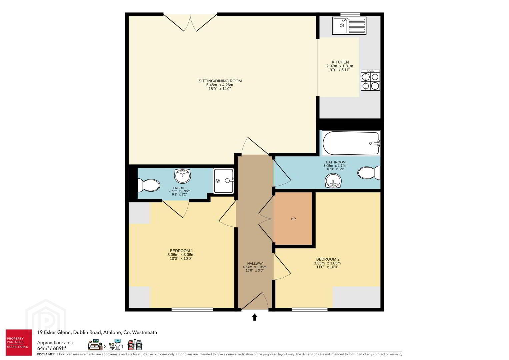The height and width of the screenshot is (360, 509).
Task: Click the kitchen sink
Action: (349, 26)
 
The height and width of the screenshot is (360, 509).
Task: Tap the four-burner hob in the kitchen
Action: (370, 80)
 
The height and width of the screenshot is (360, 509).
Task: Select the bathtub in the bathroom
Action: (351, 143)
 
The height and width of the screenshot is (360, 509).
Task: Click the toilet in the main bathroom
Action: (369, 173)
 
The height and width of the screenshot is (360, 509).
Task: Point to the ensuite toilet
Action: (149, 185)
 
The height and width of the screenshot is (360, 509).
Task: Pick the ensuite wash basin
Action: (182, 176)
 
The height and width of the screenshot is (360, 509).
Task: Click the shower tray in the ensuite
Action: (224, 181)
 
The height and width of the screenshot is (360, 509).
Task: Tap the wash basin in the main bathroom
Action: (333, 181)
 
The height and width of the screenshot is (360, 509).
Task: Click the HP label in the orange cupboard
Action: (293, 219)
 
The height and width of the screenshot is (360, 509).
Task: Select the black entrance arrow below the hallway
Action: (255, 317)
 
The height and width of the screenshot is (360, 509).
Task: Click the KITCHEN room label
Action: (340, 62)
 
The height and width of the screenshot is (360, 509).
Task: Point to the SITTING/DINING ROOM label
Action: (220, 81)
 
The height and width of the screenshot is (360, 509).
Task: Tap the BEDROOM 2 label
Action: (328, 259)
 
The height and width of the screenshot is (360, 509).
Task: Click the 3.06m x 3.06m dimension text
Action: (181, 255)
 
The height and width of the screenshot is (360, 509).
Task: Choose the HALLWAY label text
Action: (255, 263)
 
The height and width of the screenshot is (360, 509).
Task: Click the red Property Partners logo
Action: (19, 342)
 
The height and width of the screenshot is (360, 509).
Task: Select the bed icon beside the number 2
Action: (95, 345)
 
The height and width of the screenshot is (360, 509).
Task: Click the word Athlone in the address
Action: (112, 332)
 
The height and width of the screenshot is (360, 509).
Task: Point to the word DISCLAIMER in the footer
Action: (46, 354)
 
